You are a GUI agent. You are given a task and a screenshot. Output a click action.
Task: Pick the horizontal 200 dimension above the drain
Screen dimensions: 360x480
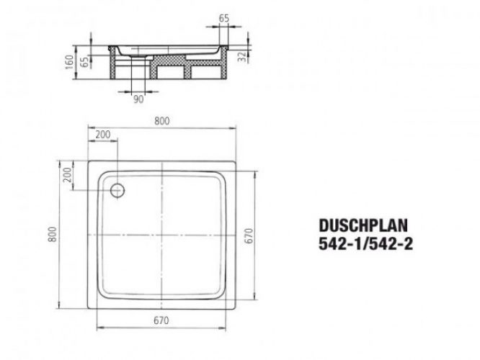pos(102,135)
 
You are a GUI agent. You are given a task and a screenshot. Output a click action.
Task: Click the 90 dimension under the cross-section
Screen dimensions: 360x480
pos(138,100)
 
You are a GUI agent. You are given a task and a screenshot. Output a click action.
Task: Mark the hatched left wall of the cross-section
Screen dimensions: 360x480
pos(114,66)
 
